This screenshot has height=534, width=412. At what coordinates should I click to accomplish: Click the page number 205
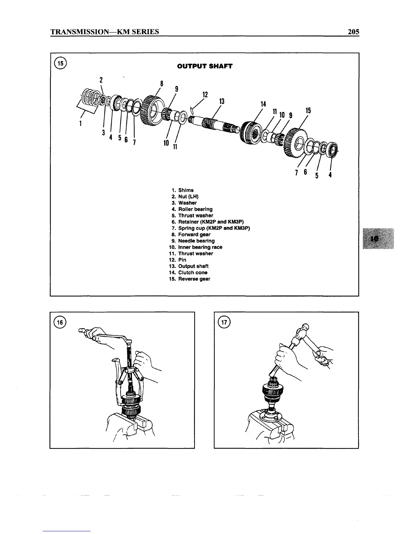point(353,32)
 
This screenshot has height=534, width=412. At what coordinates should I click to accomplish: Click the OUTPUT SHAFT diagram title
point(205,66)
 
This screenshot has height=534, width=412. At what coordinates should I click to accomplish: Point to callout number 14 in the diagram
point(263,104)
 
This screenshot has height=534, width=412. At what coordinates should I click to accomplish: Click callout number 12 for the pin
point(205,94)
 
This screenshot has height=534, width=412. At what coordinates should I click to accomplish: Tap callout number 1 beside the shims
point(80,123)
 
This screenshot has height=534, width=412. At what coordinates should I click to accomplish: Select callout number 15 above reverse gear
point(308,111)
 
